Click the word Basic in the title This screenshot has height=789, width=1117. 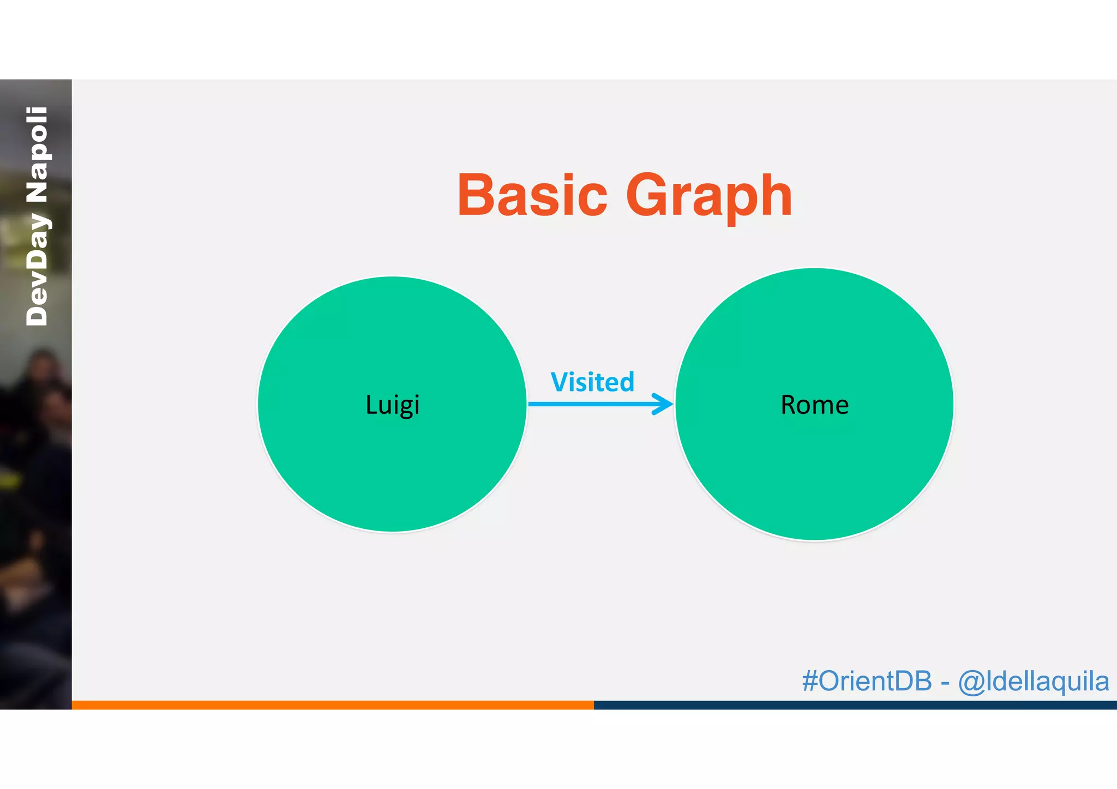(x=532, y=195)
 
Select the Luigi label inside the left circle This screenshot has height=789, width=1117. (x=392, y=405)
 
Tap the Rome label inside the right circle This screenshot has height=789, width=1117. (x=814, y=405)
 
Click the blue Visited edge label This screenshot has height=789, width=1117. (x=592, y=382)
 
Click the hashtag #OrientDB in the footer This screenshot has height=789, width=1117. (x=867, y=681)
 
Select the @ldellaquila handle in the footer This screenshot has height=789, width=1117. (x=1034, y=682)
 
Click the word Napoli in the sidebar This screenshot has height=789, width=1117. (x=37, y=154)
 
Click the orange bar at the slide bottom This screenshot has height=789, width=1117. (x=333, y=704)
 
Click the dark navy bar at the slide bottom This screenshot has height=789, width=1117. (x=855, y=704)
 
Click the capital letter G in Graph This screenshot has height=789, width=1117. (x=647, y=195)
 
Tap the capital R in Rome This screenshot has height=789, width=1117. (x=789, y=405)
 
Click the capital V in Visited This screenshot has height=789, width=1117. (x=560, y=382)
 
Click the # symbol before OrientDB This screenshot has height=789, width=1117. (x=810, y=681)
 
